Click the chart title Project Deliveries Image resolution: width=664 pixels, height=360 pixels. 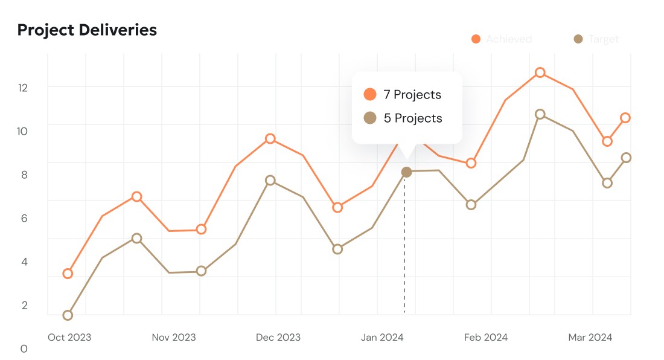pyautogui.click(x=87, y=30)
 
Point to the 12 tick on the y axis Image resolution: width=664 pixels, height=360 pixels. pyautogui.click(x=23, y=88)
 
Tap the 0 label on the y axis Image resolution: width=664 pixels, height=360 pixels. pyautogui.click(x=24, y=349)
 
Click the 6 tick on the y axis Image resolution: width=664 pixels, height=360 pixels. pyautogui.click(x=24, y=218)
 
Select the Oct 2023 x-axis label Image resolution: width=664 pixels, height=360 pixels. pyautogui.click(x=69, y=337)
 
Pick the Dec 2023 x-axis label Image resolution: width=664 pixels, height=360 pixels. pyautogui.click(x=278, y=337)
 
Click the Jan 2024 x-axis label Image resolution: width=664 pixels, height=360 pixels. pyautogui.click(x=382, y=337)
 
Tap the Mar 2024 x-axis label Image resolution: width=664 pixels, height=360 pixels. pyautogui.click(x=590, y=337)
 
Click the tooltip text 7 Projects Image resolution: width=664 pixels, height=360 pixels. pyautogui.click(x=412, y=95)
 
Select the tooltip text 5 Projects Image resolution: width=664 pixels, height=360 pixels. pyautogui.click(x=413, y=118)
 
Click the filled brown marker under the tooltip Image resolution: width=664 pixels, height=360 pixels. pyautogui.click(x=406, y=172)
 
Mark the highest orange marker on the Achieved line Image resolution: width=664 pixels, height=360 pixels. pyautogui.click(x=540, y=72)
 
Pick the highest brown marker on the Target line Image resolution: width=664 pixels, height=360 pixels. pyautogui.click(x=540, y=114)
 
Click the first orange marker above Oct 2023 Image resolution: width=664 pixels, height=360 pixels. pyautogui.click(x=68, y=274)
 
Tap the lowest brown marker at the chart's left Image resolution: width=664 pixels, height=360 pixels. pyautogui.click(x=68, y=315)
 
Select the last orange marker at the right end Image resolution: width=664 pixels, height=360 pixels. pyautogui.click(x=626, y=118)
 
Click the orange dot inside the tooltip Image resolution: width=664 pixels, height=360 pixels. pyautogui.click(x=370, y=94)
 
